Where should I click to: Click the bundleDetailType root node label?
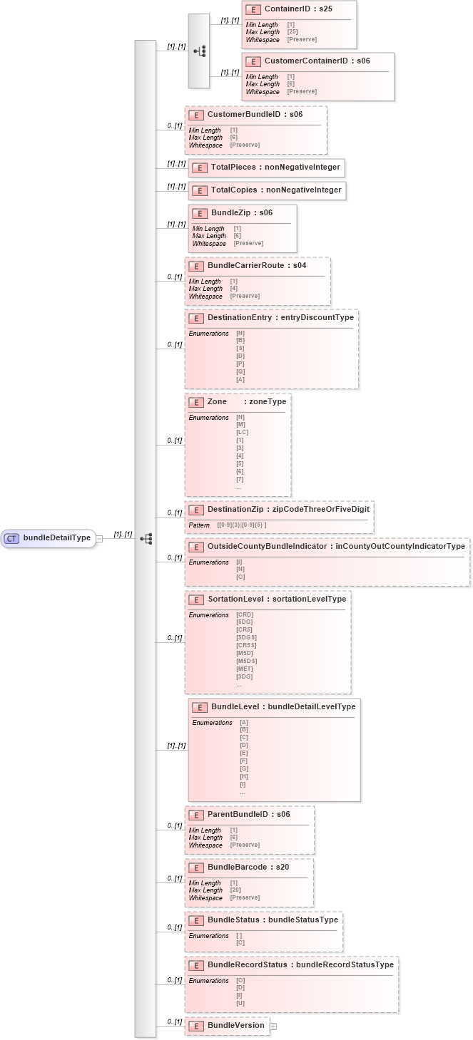click(x=57, y=538)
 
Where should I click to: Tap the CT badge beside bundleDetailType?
click(x=12, y=538)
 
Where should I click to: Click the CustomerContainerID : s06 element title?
click(x=317, y=61)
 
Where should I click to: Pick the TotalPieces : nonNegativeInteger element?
click(x=267, y=168)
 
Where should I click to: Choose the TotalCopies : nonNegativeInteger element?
click(x=267, y=190)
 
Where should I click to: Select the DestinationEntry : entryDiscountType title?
click(x=280, y=318)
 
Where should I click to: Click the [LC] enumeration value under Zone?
click(x=243, y=433)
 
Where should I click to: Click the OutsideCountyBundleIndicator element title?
click(x=336, y=546)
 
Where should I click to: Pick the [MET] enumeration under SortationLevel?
click(x=245, y=669)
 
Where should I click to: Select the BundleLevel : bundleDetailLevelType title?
click(x=283, y=706)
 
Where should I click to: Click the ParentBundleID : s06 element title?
click(x=248, y=814)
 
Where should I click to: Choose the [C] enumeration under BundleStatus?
click(x=240, y=943)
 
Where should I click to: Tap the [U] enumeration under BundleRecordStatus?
click(x=240, y=1004)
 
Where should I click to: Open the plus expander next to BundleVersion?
click(x=273, y=1026)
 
